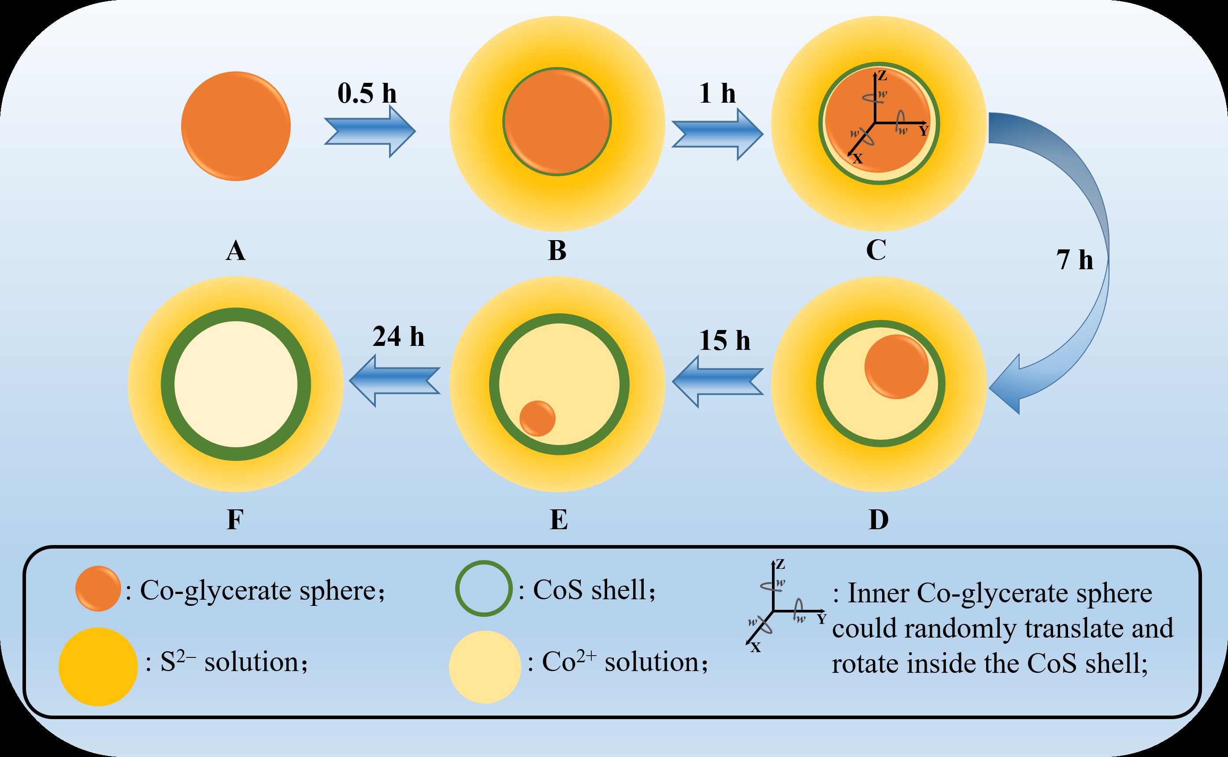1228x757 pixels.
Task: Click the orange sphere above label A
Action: (236, 126)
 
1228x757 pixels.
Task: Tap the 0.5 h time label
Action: (367, 93)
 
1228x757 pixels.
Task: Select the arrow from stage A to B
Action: (369, 132)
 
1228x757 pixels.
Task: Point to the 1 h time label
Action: (717, 93)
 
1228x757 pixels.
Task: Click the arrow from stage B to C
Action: (717, 134)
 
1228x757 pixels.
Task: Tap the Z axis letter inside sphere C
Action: (882, 76)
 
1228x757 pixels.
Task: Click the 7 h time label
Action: (1075, 260)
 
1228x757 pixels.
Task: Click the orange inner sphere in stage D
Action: (896, 367)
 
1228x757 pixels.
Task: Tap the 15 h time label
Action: (724, 341)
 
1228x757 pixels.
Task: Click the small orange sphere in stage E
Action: (537, 419)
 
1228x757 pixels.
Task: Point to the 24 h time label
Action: (398, 337)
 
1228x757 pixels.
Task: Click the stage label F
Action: (235, 520)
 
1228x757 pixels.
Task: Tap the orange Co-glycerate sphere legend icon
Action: (98, 589)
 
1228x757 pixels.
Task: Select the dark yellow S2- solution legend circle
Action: (98, 667)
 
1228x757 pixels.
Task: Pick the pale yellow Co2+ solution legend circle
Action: (485, 667)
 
